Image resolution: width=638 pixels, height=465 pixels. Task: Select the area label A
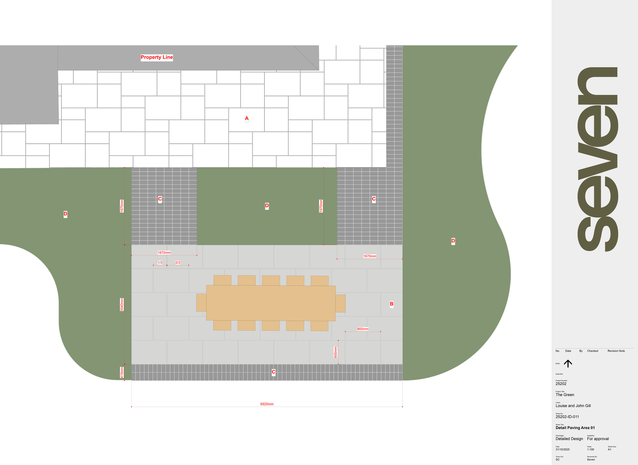247,119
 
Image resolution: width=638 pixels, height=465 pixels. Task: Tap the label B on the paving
391,304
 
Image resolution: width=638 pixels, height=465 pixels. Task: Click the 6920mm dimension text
267,404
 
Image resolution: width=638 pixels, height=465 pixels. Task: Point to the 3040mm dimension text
122,304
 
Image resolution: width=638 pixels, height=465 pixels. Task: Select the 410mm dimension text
122,372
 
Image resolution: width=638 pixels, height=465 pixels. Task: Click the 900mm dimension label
363,329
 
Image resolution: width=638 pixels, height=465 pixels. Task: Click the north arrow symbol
568,363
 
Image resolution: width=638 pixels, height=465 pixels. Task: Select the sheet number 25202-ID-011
567,417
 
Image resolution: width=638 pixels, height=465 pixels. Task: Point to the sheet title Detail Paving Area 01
575,428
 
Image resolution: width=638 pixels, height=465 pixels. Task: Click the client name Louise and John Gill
573,406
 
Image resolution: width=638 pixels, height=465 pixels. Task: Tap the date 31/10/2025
562,449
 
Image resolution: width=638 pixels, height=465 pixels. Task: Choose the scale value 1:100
591,449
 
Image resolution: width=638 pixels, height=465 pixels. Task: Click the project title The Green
565,395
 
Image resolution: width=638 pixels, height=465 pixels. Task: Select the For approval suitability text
598,438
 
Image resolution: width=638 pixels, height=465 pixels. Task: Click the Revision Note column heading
616,351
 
